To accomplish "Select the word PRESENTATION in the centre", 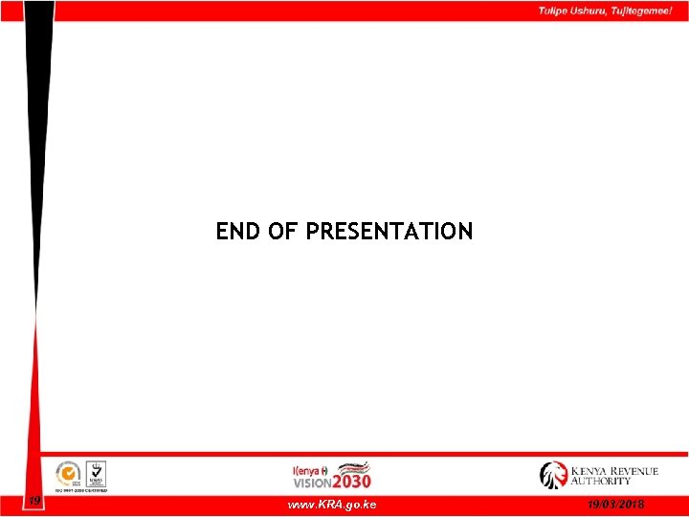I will [389, 232].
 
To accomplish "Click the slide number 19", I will [33, 501].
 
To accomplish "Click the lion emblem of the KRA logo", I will [553, 475].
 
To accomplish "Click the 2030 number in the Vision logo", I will [351, 482].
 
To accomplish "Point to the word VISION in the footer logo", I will [312, 483].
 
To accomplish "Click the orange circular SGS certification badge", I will [67, 474].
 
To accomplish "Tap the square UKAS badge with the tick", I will [96, 473].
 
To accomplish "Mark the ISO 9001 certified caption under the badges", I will [81, 490].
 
